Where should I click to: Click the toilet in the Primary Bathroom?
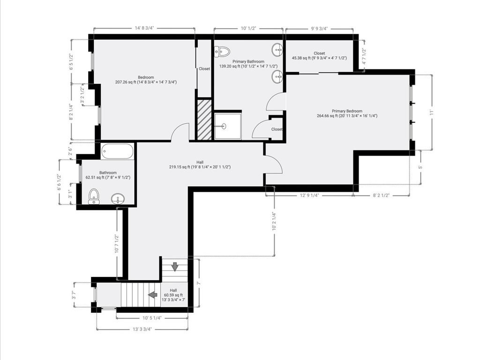(222, 52)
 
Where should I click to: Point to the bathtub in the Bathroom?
(117, 151)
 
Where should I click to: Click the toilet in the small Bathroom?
(94, 196)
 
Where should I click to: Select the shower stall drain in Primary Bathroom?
(224, 126)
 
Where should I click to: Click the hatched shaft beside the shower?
(204, 120)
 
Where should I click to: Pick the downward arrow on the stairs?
(175, 267)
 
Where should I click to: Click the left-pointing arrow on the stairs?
(153, 294)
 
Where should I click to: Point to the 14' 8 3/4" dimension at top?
(144, 28)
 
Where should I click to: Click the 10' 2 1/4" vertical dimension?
(274, 221)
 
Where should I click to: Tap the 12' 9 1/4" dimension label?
(309, 195)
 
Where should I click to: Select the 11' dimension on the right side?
(432, 112)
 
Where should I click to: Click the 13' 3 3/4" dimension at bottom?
(142, 330)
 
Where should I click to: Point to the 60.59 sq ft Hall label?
(173, 295)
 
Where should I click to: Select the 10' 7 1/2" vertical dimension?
(117, 244)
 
